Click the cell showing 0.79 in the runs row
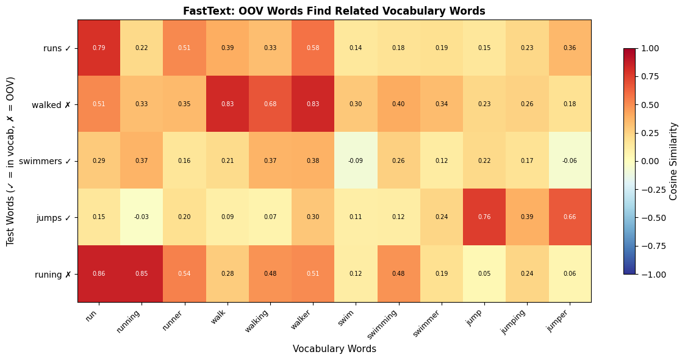pos(99,48)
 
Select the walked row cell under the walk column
pos(228,104)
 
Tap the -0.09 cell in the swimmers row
pos(356,160)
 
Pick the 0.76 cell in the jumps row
pos(484,217)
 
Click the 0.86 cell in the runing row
pos(99,274)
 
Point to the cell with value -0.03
pos(142,217)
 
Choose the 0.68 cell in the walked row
pos(270,104)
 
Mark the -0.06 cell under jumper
pos(570,160)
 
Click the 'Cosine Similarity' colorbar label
pos(673,161)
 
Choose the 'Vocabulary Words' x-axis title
pos(334,349)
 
